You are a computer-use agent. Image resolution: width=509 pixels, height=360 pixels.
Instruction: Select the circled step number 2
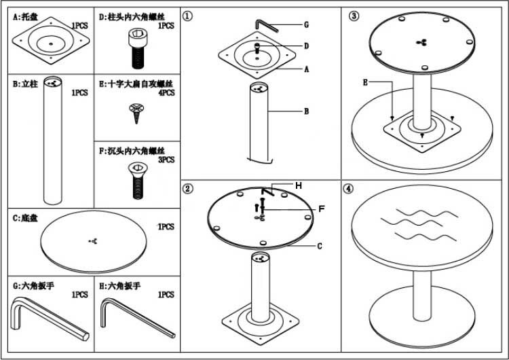(189, 188)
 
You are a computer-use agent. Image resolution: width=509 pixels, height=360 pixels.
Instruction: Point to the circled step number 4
(349, 189)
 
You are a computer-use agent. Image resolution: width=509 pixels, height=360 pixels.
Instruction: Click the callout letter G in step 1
(306, 24)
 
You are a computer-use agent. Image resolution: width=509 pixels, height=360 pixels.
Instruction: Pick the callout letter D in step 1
(306, 46)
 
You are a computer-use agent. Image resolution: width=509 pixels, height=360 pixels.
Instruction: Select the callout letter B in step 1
(306, 111)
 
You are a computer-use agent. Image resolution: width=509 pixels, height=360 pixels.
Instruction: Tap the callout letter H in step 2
(298, 185)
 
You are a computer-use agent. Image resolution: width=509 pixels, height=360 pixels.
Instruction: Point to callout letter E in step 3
(365, 82)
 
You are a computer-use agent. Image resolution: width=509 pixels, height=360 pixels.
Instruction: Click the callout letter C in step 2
(318, 247)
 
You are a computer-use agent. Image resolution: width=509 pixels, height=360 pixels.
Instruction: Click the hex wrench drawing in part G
(48, 321)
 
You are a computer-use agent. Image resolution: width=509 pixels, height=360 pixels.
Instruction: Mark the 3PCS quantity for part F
(166, 160)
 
